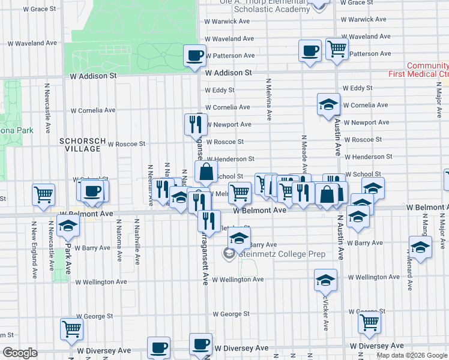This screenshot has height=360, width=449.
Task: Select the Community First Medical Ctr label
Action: tap(427, 70)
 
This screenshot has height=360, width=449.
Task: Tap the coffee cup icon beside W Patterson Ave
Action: tap(310, 50)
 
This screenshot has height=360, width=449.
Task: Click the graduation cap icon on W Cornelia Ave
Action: tap(328, 104)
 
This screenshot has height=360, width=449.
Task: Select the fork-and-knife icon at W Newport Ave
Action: tap(196, 124)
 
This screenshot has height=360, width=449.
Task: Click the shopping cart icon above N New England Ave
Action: tap(44, 194)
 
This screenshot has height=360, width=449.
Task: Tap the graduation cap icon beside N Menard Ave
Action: tap(420, 247)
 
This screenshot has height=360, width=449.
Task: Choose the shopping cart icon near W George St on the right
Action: tap(369, 322)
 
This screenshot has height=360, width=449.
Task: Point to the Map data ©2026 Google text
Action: tap(412, 355)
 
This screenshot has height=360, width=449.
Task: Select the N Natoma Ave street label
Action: tap(120, 248)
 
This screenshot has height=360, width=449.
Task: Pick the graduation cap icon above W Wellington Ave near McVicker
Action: tap(325, 280)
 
